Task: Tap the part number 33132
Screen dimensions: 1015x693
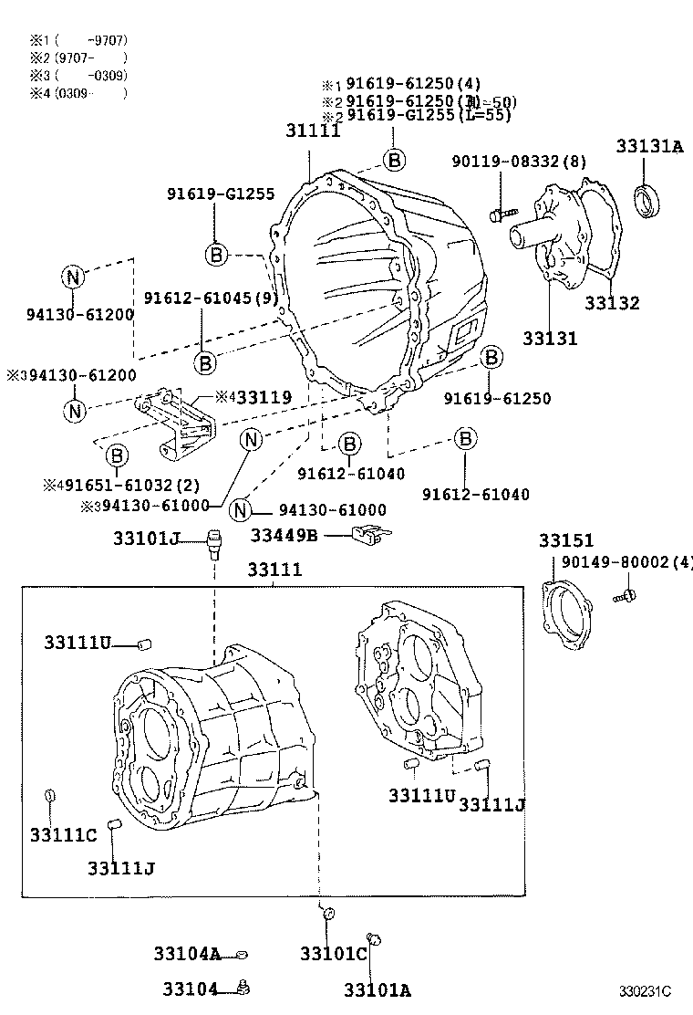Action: [612, 304]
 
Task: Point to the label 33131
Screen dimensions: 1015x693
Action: [550, 339]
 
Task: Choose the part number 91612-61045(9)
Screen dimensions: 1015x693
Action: [212, 298]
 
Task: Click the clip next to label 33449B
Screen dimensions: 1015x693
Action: [370, 535]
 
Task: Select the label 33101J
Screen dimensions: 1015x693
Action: [155, 539]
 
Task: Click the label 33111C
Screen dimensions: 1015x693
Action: [62, 835]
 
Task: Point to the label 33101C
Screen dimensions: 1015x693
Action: [333, 955]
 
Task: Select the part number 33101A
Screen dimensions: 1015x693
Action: [378, 990]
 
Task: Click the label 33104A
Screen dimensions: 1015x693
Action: [187, 955]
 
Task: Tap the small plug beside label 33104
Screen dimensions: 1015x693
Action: [243, 987]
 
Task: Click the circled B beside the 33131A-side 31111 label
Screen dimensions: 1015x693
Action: [393, 160]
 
